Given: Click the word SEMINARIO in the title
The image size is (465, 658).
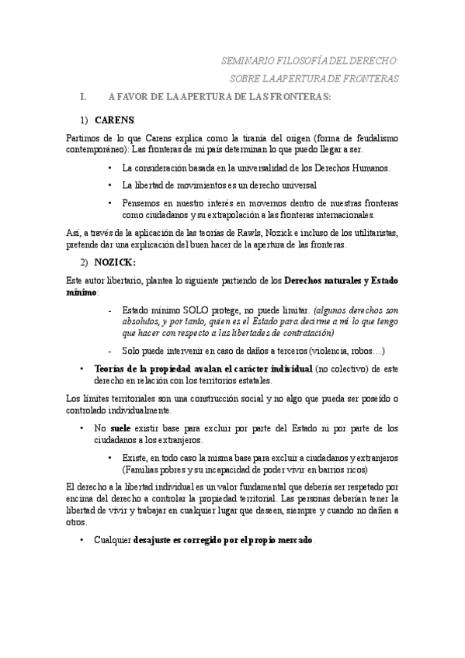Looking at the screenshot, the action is coord(246,60).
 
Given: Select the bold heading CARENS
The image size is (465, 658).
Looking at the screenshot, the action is coord(114,121).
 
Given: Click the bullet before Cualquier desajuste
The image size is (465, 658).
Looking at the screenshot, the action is coord(81,539).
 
